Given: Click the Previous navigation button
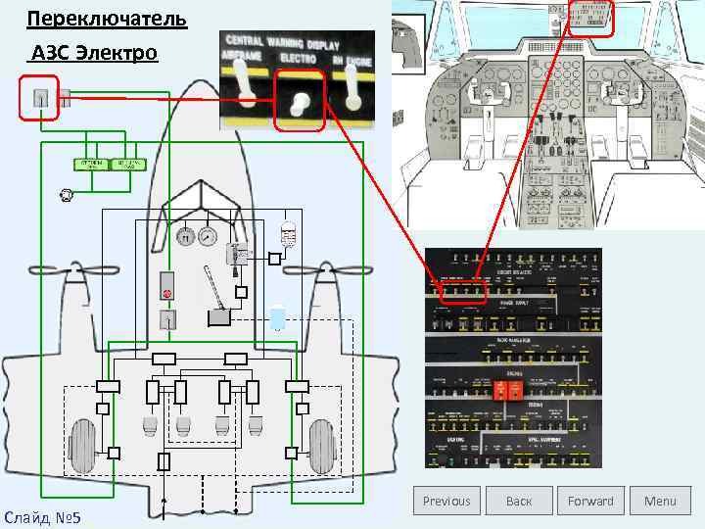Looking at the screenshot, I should point(446,501).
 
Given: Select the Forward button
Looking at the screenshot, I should point(590,501).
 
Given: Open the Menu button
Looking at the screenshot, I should point(660,501).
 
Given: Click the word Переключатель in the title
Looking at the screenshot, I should point(94,20).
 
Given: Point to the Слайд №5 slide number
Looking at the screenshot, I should point(42,515).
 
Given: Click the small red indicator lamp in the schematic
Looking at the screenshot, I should point(166,292).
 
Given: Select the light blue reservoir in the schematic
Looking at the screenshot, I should point(278,316).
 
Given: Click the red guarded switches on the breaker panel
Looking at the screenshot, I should point(508,389).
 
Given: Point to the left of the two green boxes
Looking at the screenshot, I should point(91,165).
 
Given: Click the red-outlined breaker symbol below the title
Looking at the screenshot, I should point(40,98).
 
